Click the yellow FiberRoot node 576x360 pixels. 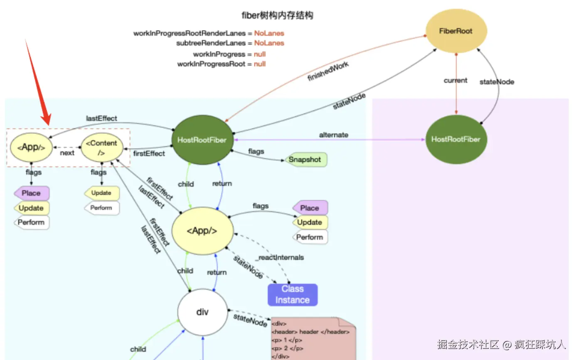click(456, 31)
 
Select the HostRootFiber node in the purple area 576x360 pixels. click(456, 139)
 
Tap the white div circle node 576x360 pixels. click(202, 312)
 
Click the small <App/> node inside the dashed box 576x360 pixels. click(31, 147)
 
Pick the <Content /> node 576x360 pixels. click(102, 147)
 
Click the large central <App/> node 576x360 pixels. click(202, 231)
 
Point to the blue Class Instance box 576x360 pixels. click(293, 295)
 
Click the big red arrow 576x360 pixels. click(39, 83)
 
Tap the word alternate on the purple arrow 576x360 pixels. click(334, 135)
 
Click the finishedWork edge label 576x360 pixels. click(328, 71)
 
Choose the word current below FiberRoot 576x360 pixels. click(455, 81)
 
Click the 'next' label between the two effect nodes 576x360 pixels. click(67, 153)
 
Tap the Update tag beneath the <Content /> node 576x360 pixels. click(102, 193)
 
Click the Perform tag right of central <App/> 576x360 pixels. click(310, 237)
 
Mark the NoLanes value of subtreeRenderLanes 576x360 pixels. click(269, 43)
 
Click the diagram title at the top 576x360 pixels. click(277, 15)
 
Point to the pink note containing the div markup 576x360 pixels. click(313, 338)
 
